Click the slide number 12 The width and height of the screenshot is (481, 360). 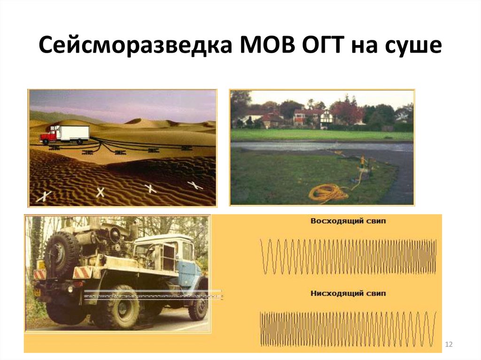pos(448,345)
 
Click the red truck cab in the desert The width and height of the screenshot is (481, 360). pos(48,137)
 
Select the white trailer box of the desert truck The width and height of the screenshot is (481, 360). pos(72,133)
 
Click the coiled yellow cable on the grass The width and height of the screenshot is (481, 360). pos(327,192)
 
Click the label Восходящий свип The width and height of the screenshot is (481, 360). pos(348,221)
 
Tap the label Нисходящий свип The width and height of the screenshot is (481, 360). pos(348,293)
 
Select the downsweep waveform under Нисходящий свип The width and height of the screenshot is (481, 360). pos(348,328)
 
